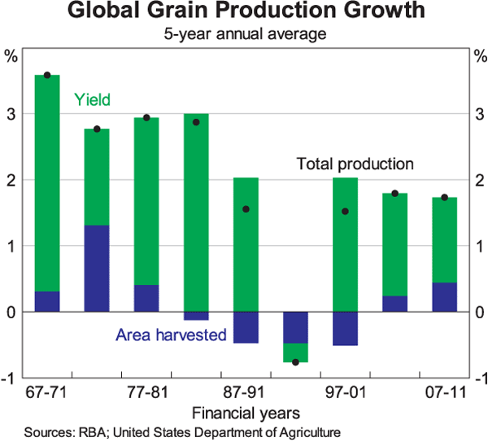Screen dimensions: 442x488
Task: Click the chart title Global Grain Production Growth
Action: [x=244, y=12]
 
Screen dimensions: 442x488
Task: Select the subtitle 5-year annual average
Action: [x=244, y=35]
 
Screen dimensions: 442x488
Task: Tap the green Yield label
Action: [x=92, y=100]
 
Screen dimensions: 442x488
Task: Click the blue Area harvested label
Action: [x=170, y=335]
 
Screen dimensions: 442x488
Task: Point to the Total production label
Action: [x=355, y=164]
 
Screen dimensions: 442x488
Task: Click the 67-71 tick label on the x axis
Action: [x=47, y=392]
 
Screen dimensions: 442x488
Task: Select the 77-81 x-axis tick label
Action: [x=146, y=392]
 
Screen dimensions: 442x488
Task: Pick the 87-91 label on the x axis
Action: [x=246, y=392]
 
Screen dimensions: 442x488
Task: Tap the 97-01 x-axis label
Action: [x=345, y=392]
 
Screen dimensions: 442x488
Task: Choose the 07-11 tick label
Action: [x=444, y=392]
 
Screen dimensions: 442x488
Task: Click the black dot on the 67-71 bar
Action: [x=47, y=75]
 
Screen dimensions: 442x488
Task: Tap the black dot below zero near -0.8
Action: [x=295, y=361]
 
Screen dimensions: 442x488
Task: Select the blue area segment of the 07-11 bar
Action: [x=444, y=297]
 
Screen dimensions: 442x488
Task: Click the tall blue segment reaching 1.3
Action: [x=97, y=269]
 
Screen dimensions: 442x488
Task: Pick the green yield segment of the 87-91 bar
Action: [x=246, y=244]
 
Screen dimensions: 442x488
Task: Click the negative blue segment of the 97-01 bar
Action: [x=345, y=328]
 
